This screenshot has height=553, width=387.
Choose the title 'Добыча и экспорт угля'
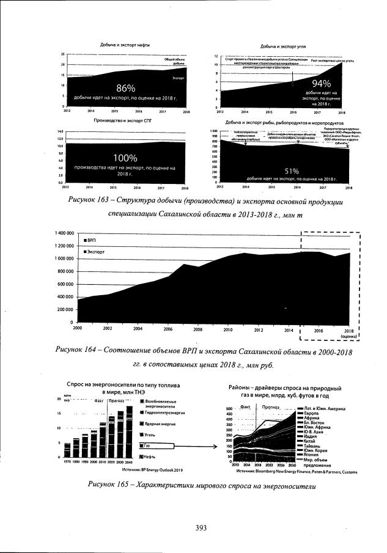[x=283, y=46]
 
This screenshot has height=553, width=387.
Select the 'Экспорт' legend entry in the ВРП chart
[x=96, y=251]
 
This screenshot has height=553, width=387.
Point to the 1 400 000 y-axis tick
[x=61, y=233]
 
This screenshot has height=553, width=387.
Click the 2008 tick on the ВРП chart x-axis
[x=198, y=328]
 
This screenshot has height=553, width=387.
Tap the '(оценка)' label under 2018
[x=348, y=335]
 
